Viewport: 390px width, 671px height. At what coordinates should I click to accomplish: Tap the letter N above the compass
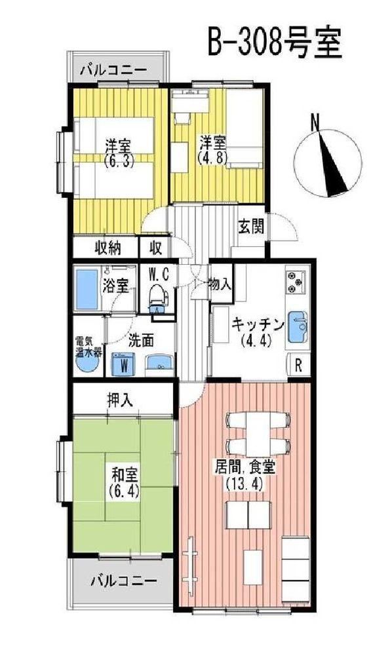316,122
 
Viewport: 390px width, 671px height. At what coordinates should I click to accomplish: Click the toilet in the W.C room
157,298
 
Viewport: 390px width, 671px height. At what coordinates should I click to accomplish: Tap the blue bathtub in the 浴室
87,289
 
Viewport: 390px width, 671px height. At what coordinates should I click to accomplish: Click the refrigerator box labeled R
299,366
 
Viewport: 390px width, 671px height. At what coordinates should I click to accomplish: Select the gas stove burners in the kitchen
296,282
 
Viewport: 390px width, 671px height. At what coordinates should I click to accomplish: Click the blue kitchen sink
297,328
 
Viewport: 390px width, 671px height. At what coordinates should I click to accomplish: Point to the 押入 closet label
119,400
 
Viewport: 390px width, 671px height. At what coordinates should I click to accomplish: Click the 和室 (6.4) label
124,482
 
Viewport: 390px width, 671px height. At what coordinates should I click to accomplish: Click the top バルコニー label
113,68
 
